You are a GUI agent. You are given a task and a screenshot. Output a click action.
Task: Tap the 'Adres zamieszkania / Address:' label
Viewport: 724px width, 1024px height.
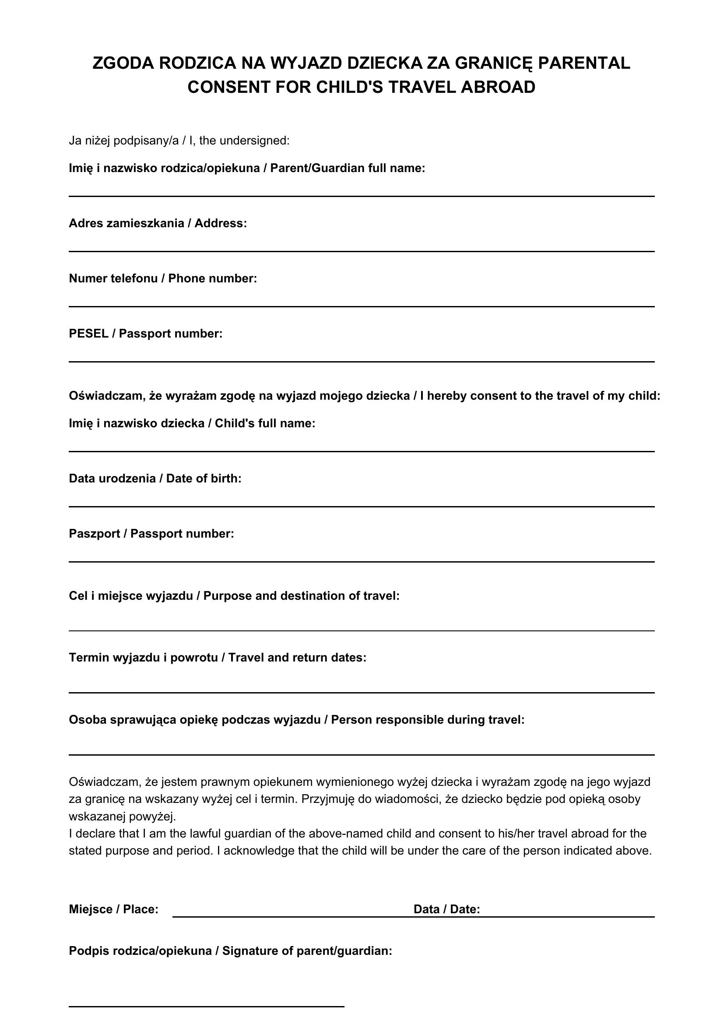[x=158, y=223]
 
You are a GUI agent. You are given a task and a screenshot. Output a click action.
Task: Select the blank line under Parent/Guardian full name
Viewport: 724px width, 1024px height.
[x=361, y=195]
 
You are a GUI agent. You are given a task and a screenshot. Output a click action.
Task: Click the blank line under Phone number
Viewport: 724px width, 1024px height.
[x=361, y=306]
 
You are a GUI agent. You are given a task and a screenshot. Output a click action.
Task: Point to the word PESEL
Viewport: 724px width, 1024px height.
[x=88, y=334]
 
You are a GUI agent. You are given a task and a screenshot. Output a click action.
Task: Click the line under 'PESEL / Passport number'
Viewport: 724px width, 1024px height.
[x=361, y=361]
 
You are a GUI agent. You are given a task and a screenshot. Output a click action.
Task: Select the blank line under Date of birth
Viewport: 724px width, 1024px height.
[x=361, y=506]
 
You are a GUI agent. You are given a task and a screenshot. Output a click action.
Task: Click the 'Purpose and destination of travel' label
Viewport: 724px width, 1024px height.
[x=301, y=596]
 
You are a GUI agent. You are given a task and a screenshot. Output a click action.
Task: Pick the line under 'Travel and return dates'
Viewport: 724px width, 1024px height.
[x=361, y=692]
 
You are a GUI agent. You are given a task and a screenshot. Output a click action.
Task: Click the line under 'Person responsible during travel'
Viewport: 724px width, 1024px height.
[x=361, y=755]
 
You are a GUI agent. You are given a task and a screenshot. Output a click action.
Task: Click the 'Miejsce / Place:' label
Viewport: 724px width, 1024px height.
[x=113, y=909]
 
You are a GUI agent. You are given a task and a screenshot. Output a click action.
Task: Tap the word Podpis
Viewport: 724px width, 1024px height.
[x=89, y=951]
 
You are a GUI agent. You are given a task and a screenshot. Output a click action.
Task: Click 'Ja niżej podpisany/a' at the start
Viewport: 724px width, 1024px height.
[x=123, y=141]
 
